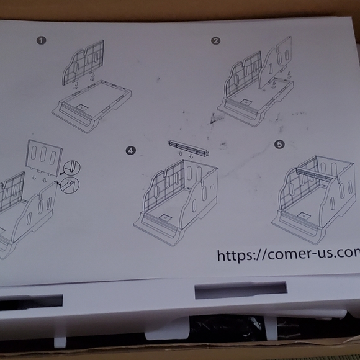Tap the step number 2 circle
pos(215,41)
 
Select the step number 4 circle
pos(130,150)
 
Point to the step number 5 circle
pos(279,144)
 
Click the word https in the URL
pos(240,254)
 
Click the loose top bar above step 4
pos(188,148)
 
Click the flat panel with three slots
pos(45,155)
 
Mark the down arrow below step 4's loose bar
pos(190,157)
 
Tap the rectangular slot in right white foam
pos(240,290)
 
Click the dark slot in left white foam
pos(31,302)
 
